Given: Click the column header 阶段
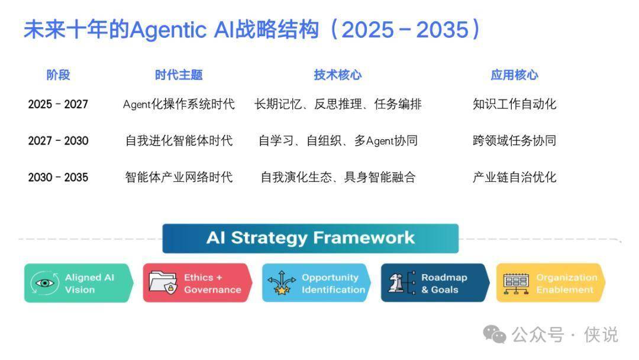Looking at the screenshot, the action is point(58,75).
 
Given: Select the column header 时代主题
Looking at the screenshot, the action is point(179,75).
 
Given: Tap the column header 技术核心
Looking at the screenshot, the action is point(337,75).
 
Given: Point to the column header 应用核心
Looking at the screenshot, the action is point(514,75).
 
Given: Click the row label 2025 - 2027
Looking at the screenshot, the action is point(58,104).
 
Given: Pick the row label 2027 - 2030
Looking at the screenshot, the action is point(58,141).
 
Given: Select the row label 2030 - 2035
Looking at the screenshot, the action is point(58,178).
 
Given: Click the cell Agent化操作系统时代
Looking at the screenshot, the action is point(179,104).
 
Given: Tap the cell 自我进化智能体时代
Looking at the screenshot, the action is point(179,141).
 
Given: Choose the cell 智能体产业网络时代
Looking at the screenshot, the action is point(179,178).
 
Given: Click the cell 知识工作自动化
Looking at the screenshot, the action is point(514,104).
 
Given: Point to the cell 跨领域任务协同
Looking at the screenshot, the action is point(514,141).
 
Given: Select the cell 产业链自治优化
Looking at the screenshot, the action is point(514,178).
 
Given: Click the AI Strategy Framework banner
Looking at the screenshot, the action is point(311,239).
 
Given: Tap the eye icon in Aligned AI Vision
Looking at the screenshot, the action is point(45,283).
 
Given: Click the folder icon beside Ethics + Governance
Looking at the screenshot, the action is point(163,282).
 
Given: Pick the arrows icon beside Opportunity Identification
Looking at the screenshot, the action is point(282,283).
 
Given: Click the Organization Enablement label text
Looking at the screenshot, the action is point(566,284).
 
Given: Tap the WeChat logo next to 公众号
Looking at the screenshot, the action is point(494,335).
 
